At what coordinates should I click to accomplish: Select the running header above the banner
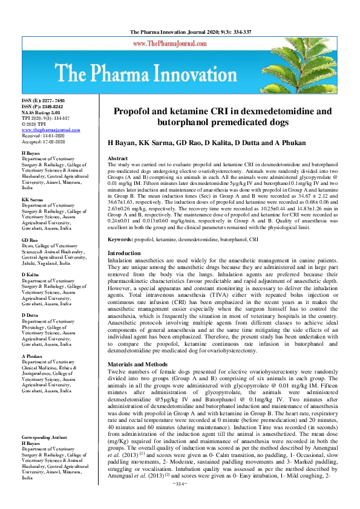pyautogui.click(x=180, y=31)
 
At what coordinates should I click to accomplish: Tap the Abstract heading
pyautogui.click(x=117, y=158)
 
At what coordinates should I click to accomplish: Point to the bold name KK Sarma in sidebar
pyautogui.click(x=33, y=199)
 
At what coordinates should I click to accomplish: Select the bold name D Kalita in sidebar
pyautogui.click(x=31, y=274)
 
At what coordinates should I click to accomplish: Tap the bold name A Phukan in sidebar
pyautogui.click(x=33, y=340)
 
